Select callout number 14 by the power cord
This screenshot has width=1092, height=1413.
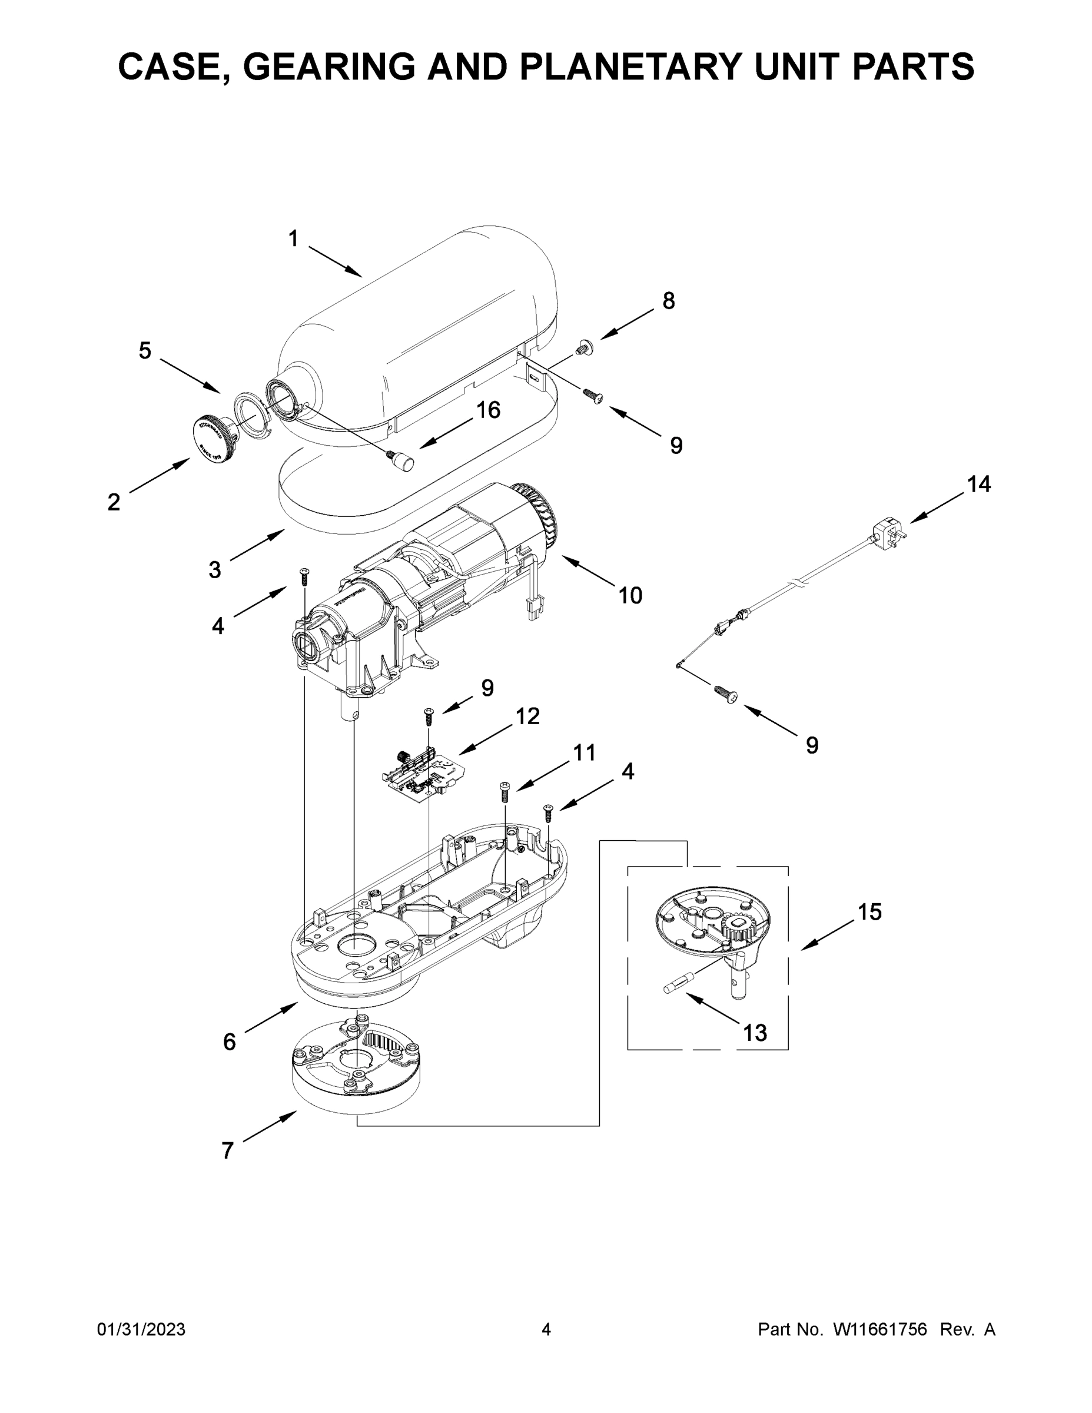[978, 484]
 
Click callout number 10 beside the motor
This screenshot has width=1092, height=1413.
[630, 595]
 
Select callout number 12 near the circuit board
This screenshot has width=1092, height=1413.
[527, 716]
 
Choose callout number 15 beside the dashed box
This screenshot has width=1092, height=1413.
[869, 912]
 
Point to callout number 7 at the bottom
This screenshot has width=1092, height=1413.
[227, 1151]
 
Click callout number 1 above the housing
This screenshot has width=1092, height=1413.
[293, 238]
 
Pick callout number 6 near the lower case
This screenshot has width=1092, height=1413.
[229, 1041]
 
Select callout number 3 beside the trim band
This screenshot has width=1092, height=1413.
[215, 570]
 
